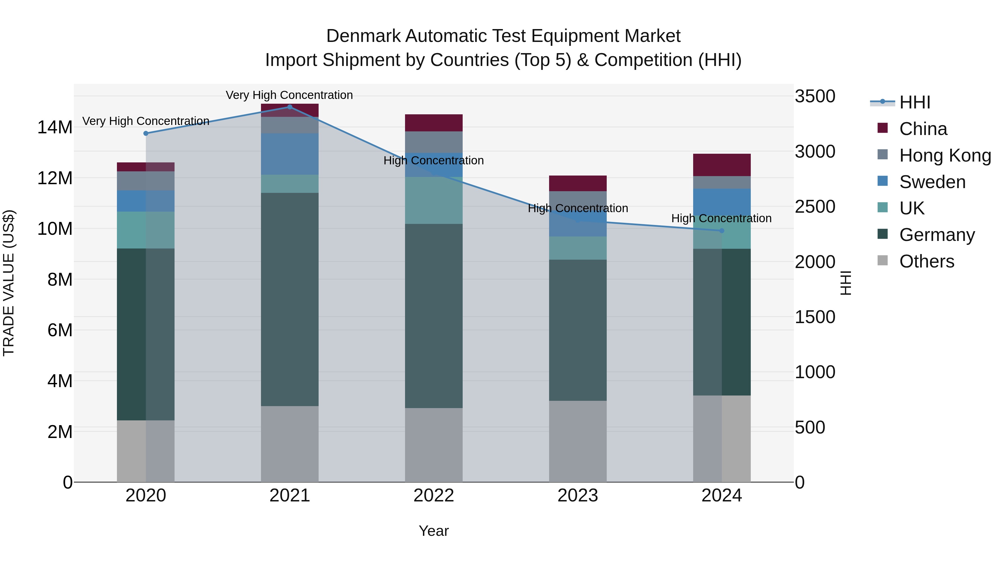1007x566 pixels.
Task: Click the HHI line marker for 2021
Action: [290, 107]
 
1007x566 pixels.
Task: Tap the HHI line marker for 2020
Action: [146, 133]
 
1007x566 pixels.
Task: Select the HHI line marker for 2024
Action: [722, 231]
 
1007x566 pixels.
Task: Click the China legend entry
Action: [923, 129]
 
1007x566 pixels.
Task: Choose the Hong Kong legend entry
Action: [945, 155]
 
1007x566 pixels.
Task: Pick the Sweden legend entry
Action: [932, 182]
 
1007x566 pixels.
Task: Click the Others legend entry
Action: [926, 261]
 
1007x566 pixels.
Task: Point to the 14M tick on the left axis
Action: [55, 127]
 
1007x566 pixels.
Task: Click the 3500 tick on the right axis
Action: [815, 96]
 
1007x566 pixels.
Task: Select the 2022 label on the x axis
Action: [434, 496]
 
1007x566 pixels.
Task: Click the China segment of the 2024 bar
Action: [722, 165]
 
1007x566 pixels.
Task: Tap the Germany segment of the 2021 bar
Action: [290, 299]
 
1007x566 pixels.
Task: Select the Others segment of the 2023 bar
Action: [578, 441]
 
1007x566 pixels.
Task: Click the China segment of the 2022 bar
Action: [434, 123]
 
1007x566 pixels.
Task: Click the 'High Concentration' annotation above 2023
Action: [578, 209]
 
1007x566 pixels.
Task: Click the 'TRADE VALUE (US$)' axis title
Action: [9, 283]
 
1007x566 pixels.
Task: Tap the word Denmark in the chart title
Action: [364, 36]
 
